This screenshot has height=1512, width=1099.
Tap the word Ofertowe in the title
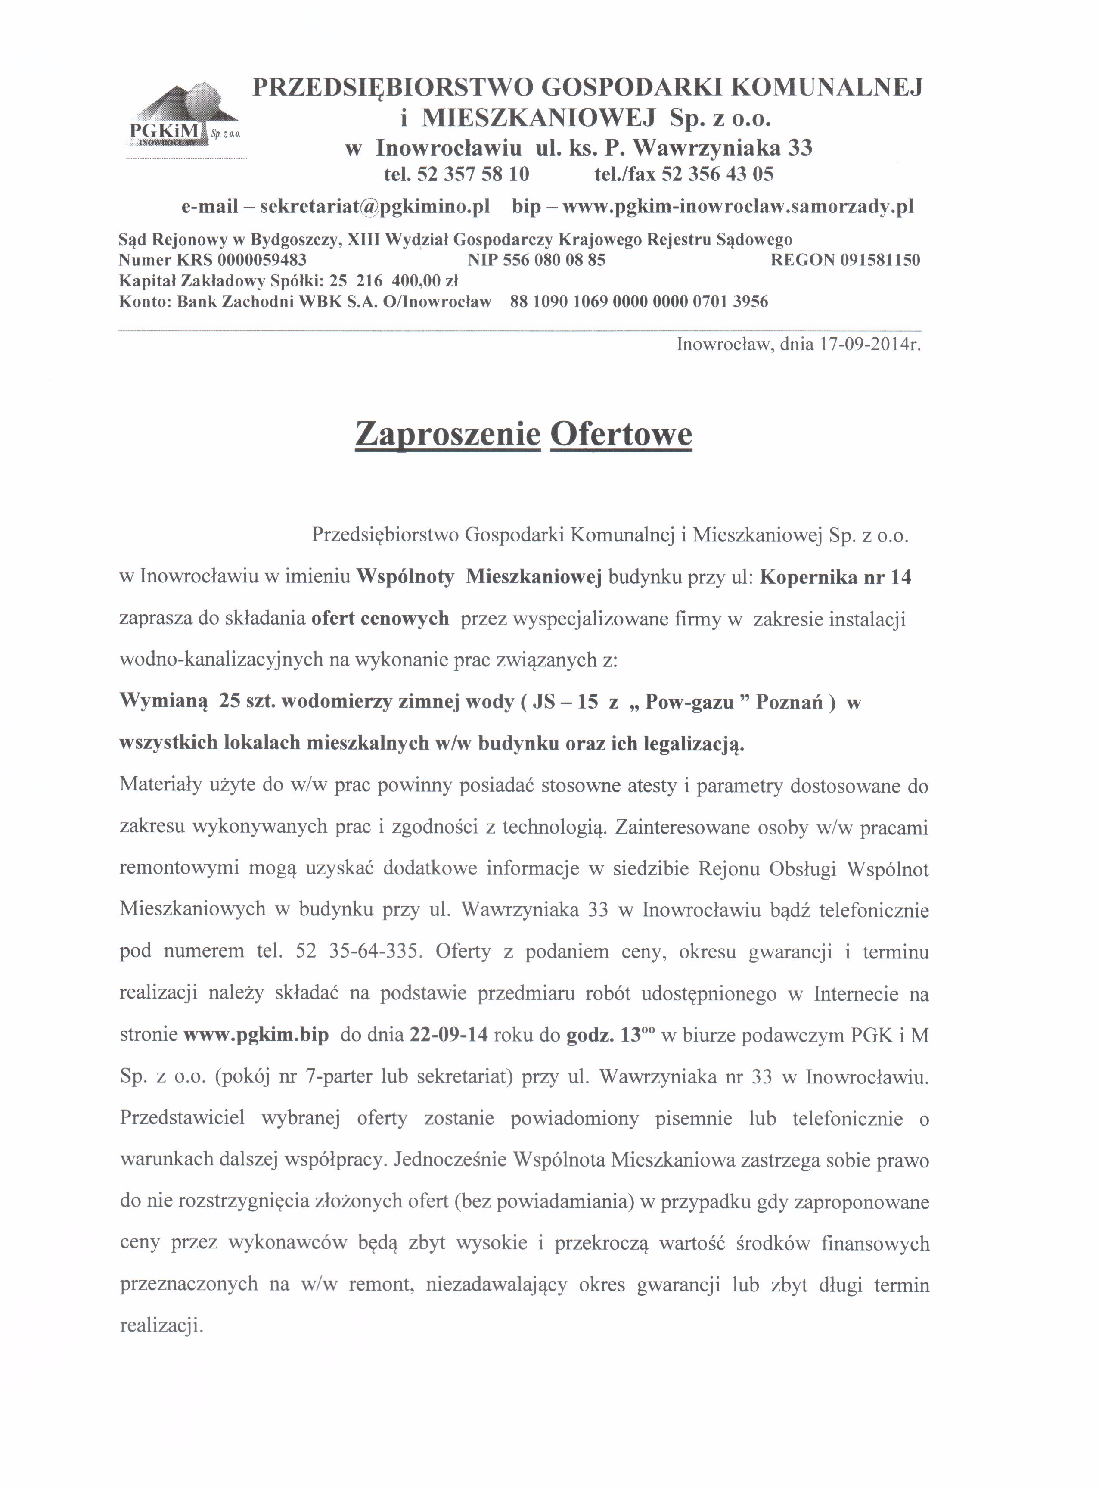tap(621, 434)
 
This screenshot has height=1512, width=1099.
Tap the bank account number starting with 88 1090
tap(639, 302)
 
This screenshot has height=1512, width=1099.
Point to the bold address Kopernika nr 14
tap(835, 577)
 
